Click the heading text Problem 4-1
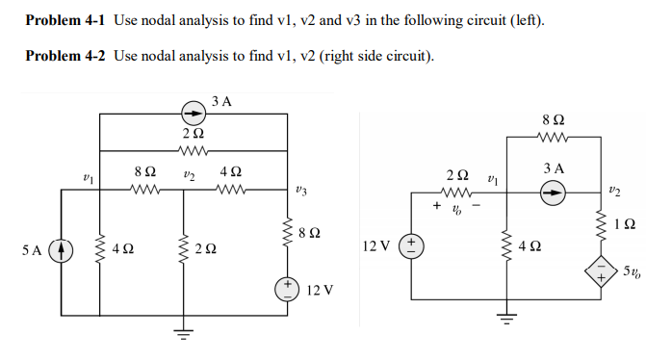[65, 20]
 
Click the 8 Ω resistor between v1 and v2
[143, 189]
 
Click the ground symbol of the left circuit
[179, 333]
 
